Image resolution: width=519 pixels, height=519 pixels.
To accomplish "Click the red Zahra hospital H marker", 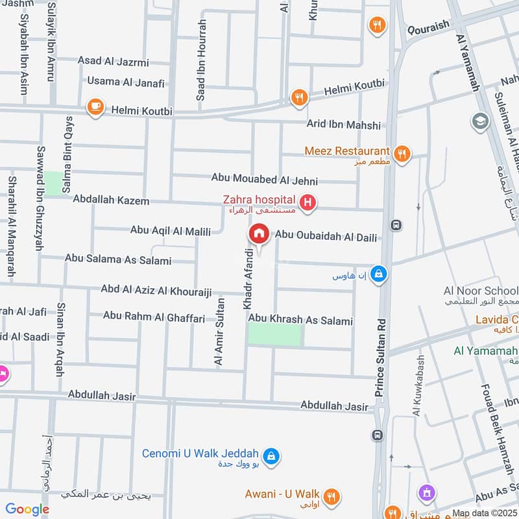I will [x=309, y=204].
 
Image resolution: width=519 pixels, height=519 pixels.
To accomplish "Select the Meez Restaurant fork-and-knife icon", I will [x=402, y=153].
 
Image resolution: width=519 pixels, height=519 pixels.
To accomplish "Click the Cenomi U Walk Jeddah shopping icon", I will [x=272, y=456].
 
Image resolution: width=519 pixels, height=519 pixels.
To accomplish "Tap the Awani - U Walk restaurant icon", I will [x=332, y=496].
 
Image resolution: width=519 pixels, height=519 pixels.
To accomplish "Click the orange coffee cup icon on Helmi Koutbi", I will [x=95, y=106].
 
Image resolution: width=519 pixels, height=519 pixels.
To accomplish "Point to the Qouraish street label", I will [x=428, y=29].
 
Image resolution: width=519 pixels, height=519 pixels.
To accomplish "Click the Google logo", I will [x=27, y=509].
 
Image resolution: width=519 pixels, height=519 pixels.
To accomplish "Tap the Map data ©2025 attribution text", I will [x=485, y=513].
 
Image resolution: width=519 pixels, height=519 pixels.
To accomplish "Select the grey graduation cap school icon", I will [x=480, y=121].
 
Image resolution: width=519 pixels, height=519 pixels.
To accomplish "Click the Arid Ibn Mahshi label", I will [x=344, y=125].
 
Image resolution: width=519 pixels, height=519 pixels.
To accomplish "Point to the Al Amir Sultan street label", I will [x=219, y=332].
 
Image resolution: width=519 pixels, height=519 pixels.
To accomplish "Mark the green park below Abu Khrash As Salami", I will [x=275, y=335].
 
